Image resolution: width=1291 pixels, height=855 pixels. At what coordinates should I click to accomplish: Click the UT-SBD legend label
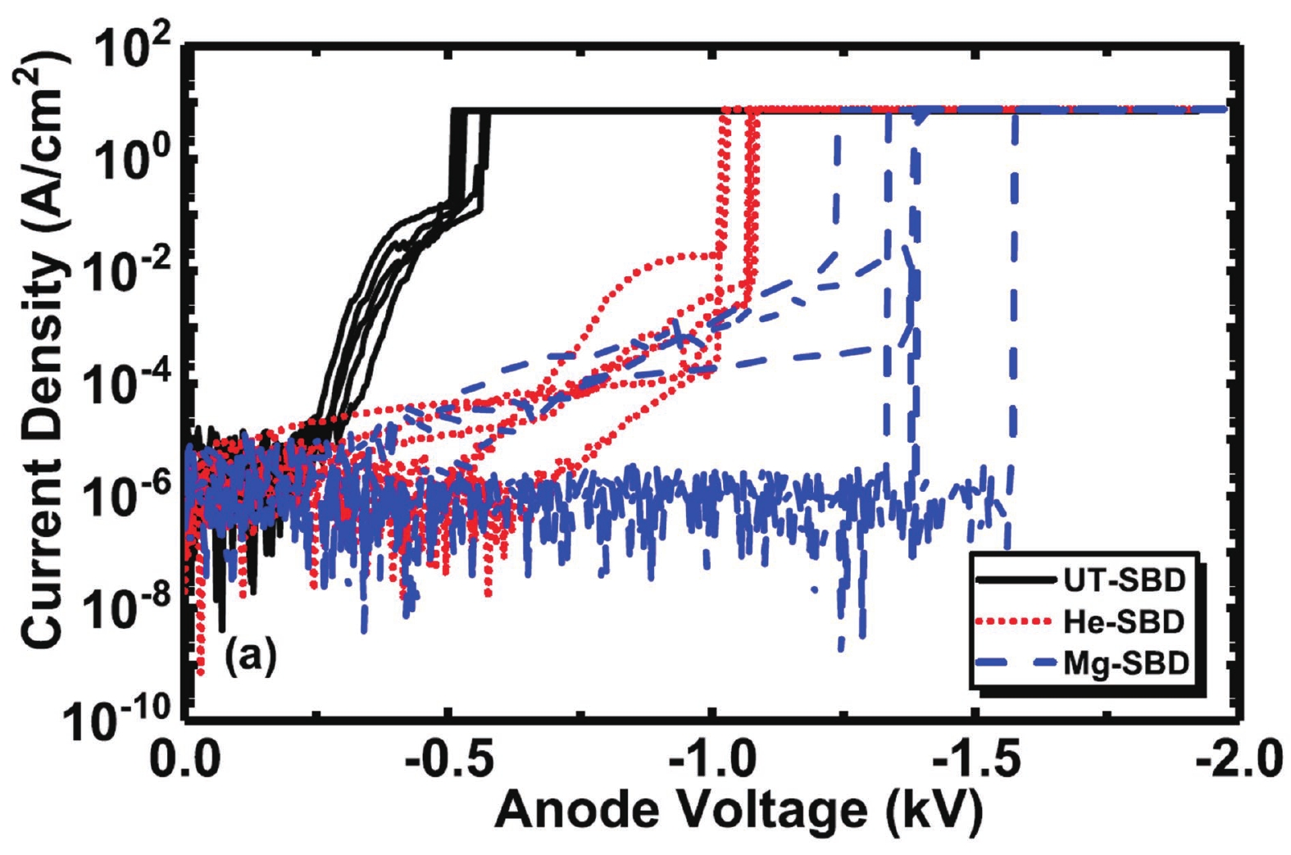point(1125,580)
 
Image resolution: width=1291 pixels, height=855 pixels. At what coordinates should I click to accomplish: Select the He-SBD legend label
point(1124,621)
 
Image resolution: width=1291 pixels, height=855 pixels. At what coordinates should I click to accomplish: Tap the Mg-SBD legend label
point(1125,662)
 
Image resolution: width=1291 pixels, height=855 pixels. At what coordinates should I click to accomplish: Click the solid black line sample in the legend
point(1016,580)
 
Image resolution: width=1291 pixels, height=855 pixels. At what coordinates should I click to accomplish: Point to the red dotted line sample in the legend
point(1016,622)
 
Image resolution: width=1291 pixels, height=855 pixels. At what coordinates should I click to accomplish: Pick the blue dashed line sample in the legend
point(1016,662)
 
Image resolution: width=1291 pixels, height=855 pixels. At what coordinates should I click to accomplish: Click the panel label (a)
point(250,656)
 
